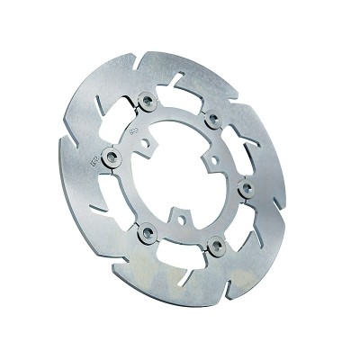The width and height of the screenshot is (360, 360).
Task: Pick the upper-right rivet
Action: [212, 118]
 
